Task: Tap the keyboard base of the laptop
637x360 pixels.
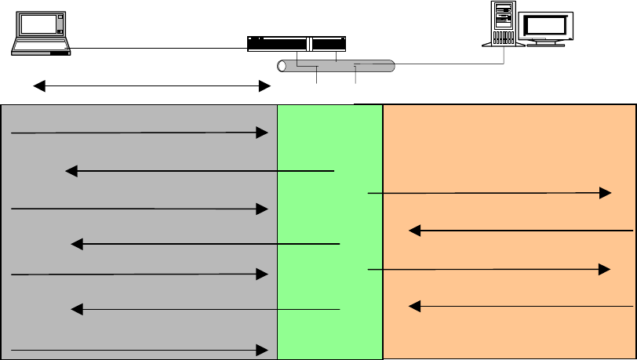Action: tap(42, 49)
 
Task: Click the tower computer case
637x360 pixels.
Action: tap(504, 24)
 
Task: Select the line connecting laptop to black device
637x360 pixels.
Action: tap(157, 48)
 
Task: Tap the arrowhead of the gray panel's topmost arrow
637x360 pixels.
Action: tap(264, 133)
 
